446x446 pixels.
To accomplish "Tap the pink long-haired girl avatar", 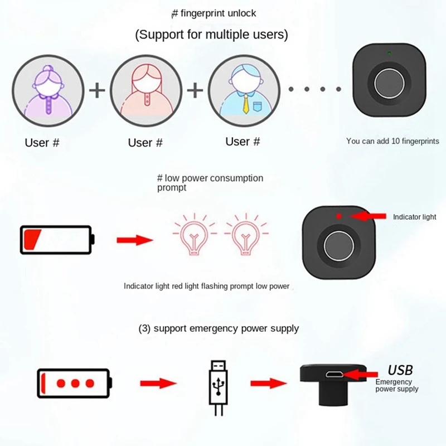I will pos(146,90).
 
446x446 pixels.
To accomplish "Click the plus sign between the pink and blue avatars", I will pos(195,90).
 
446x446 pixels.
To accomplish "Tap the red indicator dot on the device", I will pos(338,215).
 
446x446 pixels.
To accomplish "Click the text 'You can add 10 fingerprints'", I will pos(392,141).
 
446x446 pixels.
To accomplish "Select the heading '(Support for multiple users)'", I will pos(211,35).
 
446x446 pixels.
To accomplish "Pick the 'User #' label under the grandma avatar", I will pos(42,143).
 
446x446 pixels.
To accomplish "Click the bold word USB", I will pos(400,370).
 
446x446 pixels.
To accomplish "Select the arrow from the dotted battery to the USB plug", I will pos(158,384).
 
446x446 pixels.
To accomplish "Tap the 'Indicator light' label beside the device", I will pos(414,217).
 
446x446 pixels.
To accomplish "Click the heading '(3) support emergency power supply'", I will pos(219,328).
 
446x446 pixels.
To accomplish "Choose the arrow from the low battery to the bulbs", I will pos(134,240).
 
